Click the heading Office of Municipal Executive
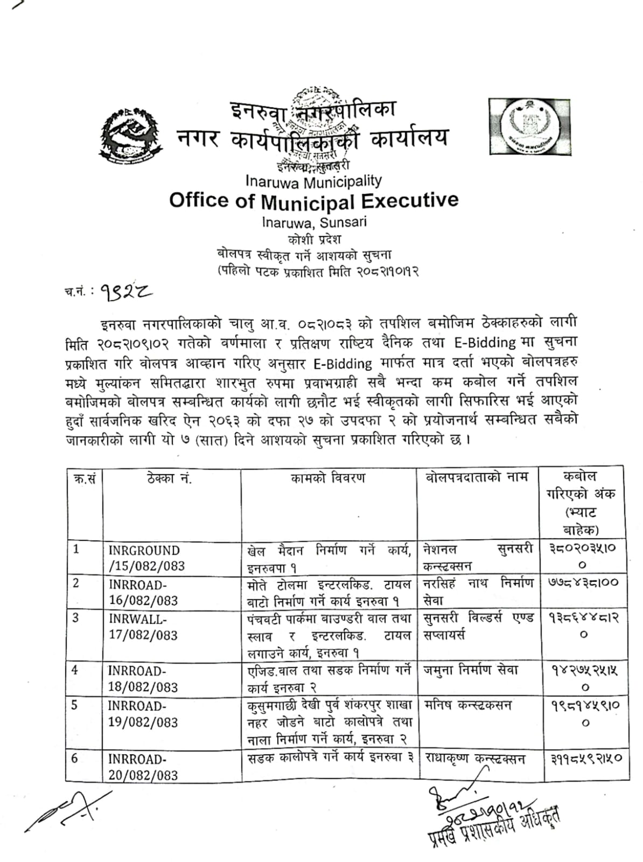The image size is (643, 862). point(314,200)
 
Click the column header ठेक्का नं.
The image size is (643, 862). point(169,478)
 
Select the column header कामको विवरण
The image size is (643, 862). point(327,478)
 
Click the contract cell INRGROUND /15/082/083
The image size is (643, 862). point(146,558)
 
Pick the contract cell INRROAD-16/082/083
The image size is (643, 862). point(143,593)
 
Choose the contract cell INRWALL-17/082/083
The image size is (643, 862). point(143,627)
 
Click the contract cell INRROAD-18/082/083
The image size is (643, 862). point(143,679)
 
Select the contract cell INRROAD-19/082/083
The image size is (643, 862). point(143,714)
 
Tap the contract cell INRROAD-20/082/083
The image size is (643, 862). point(143,767)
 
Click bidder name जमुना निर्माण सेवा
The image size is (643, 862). point(471,671)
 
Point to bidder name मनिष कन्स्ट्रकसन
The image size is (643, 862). point(467,705)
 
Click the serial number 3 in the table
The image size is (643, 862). point(76,618)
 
